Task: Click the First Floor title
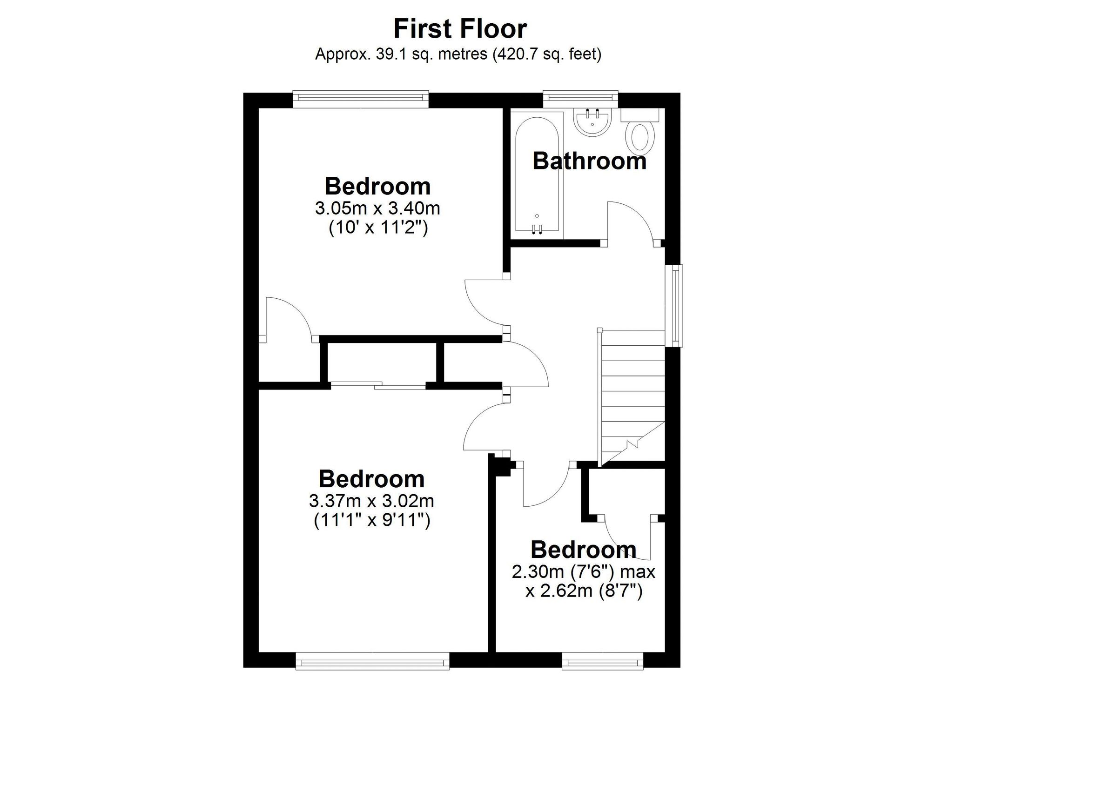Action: (460, 29)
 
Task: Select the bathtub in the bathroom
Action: (536, 175)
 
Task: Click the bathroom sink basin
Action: (592, 122)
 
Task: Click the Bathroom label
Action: (589, 161)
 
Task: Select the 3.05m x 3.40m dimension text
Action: (377, 208)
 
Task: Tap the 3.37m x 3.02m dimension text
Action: (371, 501)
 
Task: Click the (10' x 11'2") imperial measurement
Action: (378, 228)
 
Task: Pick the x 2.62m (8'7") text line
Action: (584, 591)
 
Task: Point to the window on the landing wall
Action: (678, 306)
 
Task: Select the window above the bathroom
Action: (580, 99)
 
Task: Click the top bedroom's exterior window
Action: (361, 99)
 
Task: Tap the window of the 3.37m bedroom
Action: (372, 661)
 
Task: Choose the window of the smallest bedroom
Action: (602, 661)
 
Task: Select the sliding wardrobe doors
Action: (378, 386)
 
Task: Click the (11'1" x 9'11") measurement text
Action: (372, 520)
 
